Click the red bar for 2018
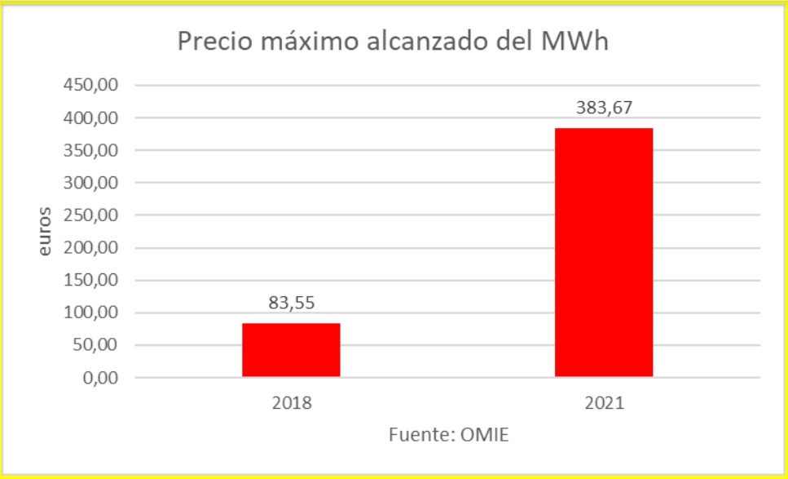click(291, 350)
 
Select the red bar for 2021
click(604, 252)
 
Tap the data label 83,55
click(291, 304)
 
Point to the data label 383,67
click(604, 107)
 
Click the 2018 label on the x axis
click(291, 402)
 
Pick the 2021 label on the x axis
click(604, 402)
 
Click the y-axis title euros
click(45, 232)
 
